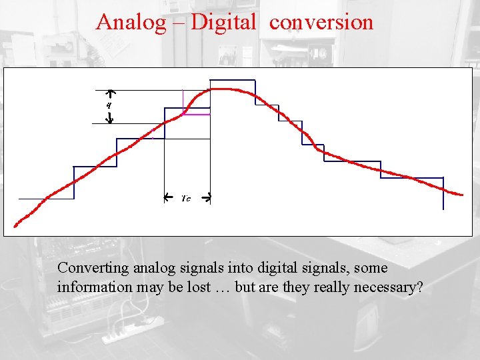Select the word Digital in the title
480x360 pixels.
coord(223,22)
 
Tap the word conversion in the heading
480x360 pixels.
coord(321,22)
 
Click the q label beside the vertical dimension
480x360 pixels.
coord(109,105)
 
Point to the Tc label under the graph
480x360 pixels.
coord(186,199)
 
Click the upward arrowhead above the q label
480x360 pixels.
coord(111,93)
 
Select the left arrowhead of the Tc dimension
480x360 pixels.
coord(167,197)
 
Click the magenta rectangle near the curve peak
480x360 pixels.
coord(196,102)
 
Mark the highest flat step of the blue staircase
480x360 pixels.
coord(232,81)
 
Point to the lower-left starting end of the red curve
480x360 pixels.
coord(17,224)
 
